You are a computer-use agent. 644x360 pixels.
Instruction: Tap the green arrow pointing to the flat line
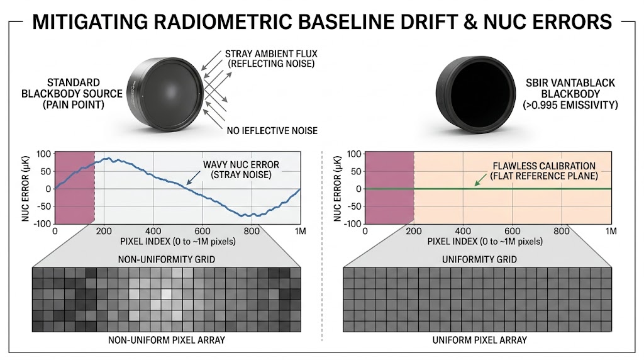click(481, 180)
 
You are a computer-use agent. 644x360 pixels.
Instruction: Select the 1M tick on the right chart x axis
click(610, 232)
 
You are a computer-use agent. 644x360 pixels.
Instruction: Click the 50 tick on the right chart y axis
click(355, 171)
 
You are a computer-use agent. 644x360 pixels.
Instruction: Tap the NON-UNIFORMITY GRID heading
click(162, 259)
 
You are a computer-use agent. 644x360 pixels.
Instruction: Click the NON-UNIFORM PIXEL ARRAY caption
click(162, 340)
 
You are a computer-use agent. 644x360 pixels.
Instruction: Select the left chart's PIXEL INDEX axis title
click(177, 242)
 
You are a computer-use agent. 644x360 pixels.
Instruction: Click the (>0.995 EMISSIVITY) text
click(571, 106)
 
